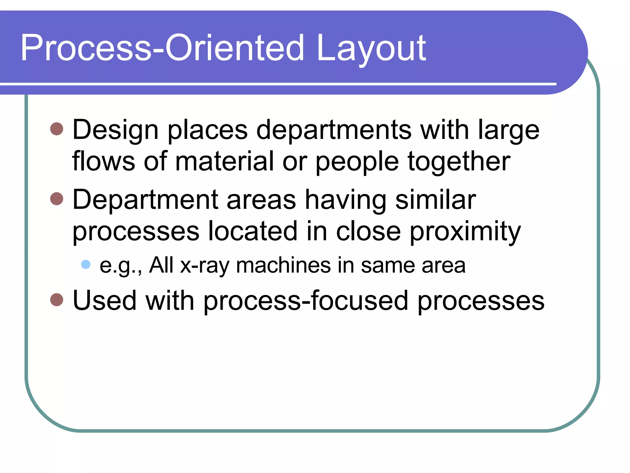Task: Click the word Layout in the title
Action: coord(371,49)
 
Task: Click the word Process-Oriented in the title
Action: coord(162,49)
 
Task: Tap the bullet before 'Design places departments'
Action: coord(57,129)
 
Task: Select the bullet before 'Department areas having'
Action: coord(57,199)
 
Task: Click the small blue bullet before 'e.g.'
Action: coord(86,264)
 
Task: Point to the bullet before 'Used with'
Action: coord(57,299)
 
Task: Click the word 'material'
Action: coord(224,161)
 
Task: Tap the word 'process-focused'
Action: coord(306,301)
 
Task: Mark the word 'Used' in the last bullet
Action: coord(105,301)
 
